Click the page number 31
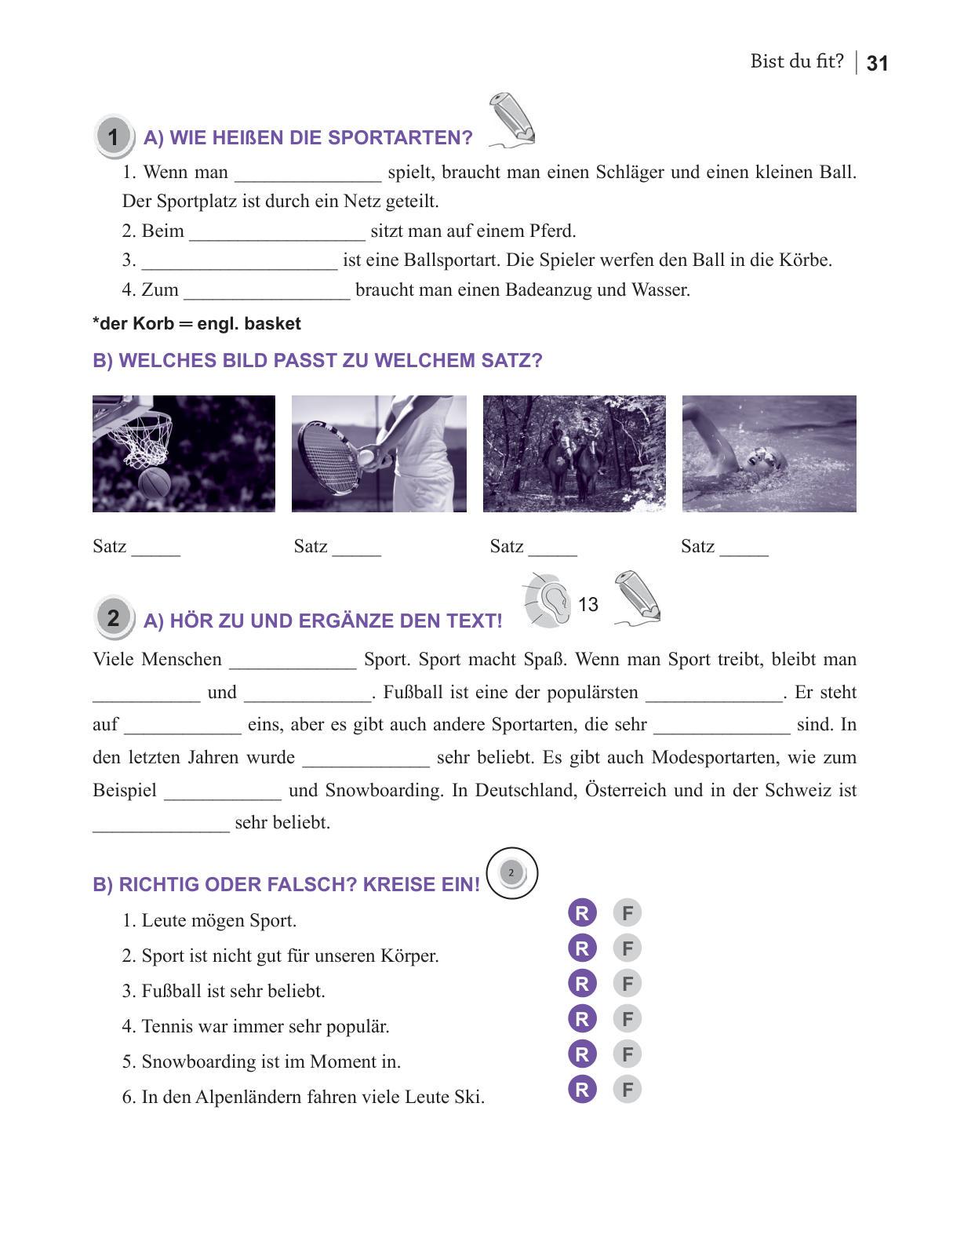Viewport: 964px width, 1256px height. [877, 64]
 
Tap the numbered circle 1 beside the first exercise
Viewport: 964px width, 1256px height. [113, 137]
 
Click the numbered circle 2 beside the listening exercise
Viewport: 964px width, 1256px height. [113, 618]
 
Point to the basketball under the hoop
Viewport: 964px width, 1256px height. [155, 482]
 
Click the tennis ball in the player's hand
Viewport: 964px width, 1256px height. [366, 457]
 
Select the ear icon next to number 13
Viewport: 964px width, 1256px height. [549, 600]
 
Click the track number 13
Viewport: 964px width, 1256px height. [587, 605]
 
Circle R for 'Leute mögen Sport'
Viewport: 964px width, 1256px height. [582, 913]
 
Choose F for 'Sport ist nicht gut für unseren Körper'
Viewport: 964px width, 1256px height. [628, 948]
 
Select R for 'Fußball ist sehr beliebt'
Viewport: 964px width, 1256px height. [582, 984]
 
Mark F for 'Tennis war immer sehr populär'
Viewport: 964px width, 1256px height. [628, 1019]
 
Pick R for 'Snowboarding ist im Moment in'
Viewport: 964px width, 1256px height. [582, 1054]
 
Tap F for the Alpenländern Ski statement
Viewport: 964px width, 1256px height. [628, 1090]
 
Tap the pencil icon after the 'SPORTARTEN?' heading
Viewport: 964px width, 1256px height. [512, 119]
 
